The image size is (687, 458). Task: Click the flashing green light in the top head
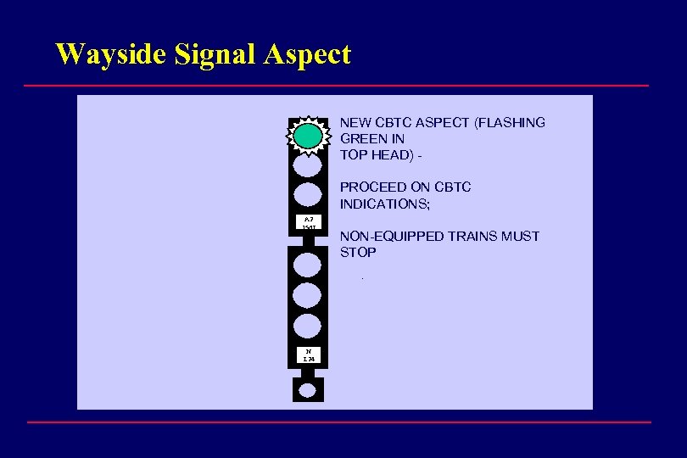(308, 136)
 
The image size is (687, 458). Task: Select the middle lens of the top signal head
(308, 165)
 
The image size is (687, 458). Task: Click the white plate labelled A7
(308, 224)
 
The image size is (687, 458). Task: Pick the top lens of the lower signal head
(308, 264)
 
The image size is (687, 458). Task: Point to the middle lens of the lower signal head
(308, 295)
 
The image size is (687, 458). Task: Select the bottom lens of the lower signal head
(308, 326)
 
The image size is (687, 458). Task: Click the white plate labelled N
(308, 355)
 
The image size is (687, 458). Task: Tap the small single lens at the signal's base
(308, 390)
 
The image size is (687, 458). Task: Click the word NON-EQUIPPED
(392, 237)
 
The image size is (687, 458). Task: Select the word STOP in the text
(358, 253)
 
